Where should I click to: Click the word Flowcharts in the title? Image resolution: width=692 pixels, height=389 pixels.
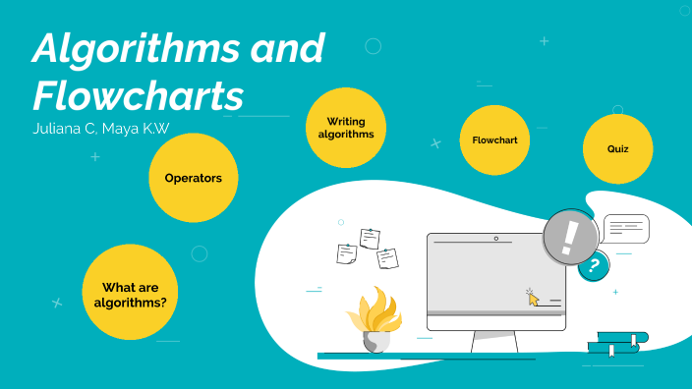click(138, 96)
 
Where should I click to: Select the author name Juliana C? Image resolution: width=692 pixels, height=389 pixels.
click(63, 131)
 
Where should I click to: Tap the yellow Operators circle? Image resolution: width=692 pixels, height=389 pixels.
click(193, 178)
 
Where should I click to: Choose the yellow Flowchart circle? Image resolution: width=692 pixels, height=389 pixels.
click(494, 139)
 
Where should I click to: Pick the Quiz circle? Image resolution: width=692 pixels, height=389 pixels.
click(618, 148)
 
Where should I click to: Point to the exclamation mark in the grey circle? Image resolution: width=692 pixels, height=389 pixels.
click(571, 236)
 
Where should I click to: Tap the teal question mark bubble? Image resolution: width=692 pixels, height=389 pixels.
click(593, 265)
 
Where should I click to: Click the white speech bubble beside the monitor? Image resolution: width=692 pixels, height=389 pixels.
click(626, 229)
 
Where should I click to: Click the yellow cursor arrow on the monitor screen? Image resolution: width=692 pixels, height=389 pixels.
click(533, 297)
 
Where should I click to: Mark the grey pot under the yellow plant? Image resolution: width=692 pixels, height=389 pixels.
click(376, 341)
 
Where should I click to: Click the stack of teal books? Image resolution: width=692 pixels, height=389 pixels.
click(617, 343)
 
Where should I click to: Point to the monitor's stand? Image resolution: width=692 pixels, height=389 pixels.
click(494, 342)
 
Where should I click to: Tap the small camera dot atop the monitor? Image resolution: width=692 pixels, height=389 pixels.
click(495, 239)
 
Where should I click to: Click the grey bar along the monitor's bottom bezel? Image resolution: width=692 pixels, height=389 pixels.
click(495, 313)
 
